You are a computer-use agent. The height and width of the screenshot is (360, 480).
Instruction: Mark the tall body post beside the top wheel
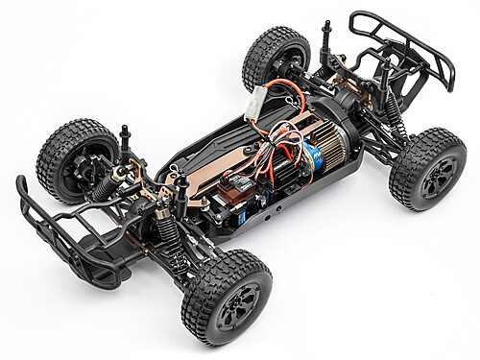(x=326, y=38)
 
